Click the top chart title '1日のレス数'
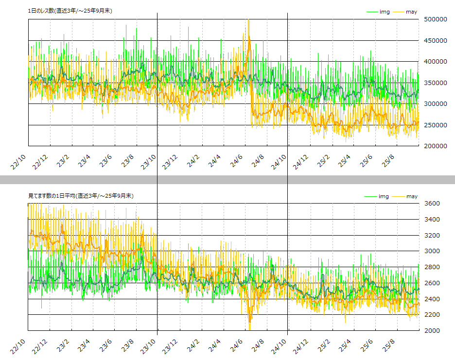70,10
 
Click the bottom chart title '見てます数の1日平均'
81,195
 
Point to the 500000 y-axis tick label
435,19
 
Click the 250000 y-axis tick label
435,125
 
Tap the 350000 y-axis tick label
435,83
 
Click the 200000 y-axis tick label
435,146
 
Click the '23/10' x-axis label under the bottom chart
149,345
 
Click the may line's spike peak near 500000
248,20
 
